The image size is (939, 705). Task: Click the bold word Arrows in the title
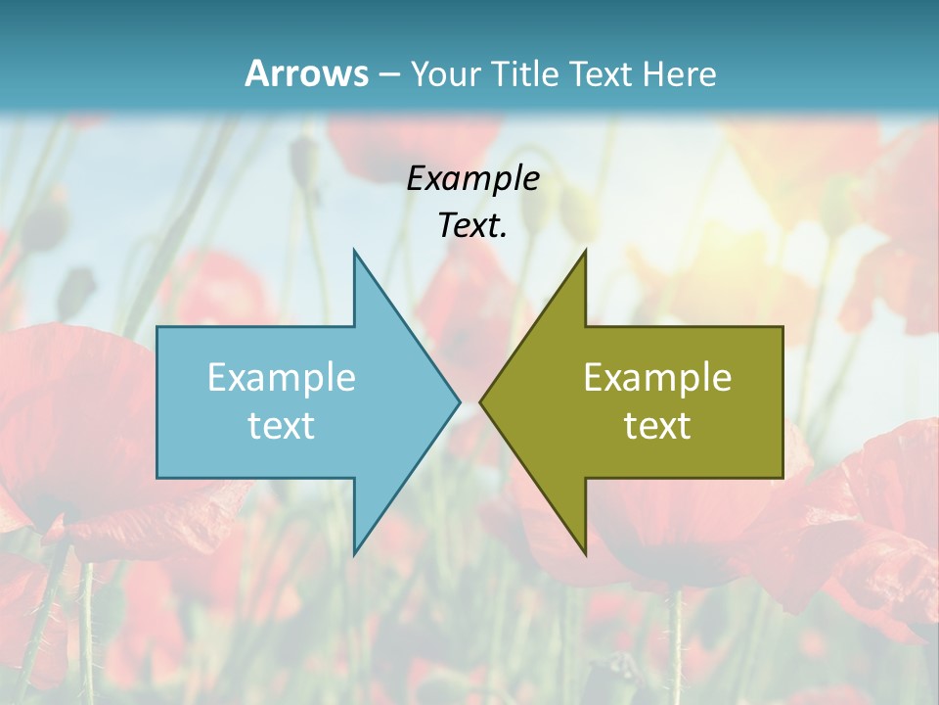(305, 73)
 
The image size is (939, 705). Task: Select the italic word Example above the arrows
(472, 178)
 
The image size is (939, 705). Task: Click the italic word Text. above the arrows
(472, 225)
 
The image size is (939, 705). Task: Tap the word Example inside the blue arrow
(282, 377)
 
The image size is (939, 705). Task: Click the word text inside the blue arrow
(282, 425)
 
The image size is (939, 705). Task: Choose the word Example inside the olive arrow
(657, 377)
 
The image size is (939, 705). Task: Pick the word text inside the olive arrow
(657, 425)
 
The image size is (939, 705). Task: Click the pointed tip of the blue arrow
(459, 401)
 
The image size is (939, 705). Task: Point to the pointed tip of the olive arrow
(480, 401)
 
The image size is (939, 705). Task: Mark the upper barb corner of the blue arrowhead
(354, 251)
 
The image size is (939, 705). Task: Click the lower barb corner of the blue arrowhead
(354, 553)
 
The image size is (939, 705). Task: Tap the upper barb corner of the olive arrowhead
(585, 251)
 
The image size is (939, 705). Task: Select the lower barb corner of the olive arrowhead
(585, 553)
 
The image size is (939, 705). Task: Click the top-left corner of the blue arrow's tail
(157, 327)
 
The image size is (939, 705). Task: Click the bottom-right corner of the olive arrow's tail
(782, 477)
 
